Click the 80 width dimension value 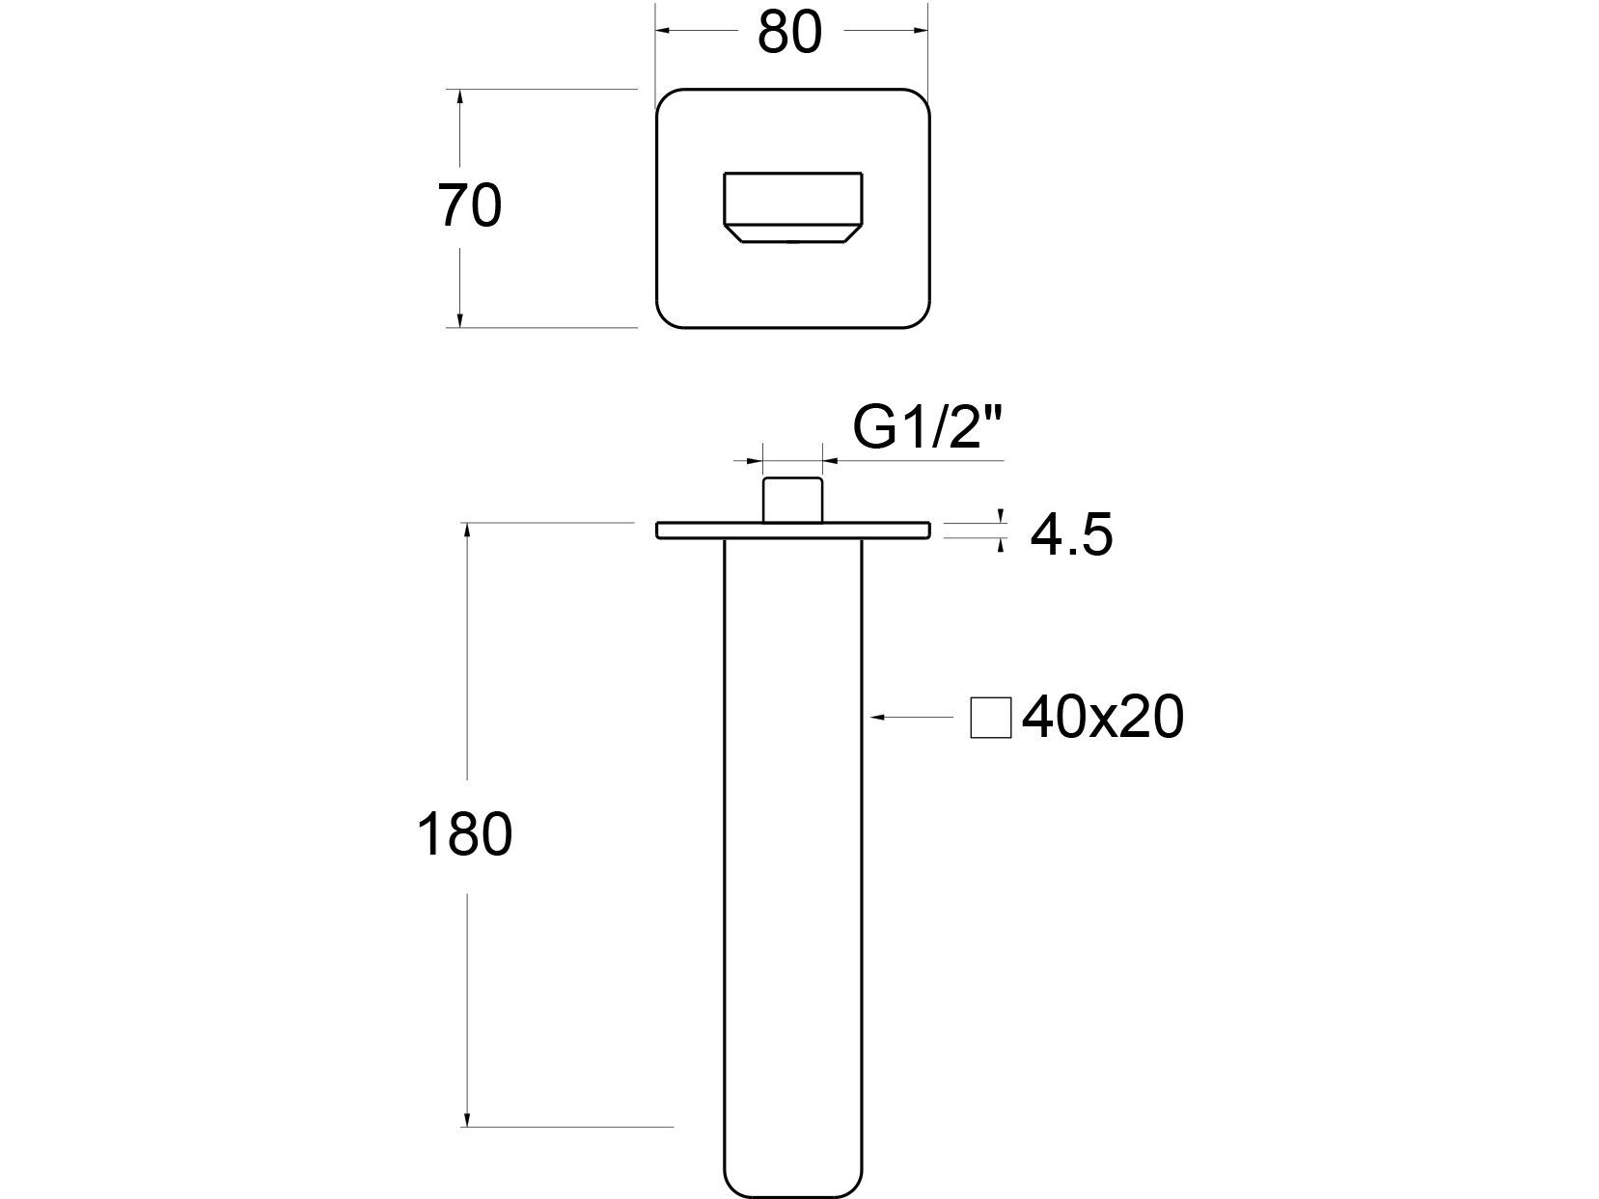(789, 32)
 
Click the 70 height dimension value (470, 205)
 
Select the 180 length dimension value (464, 834)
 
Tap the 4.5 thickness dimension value (1071, 535)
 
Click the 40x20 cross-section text (1102, 718)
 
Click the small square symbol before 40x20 (991, 718)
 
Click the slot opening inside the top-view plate (792, 201)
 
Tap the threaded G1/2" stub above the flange (792, 499)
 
